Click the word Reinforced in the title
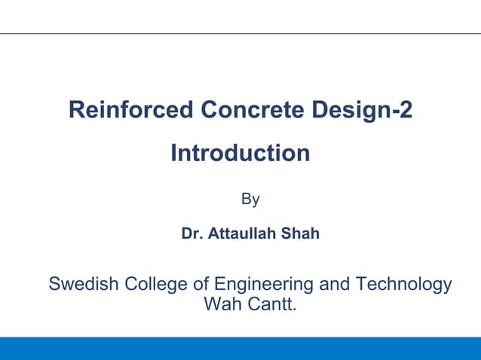pos(130,111)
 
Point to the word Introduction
pos(240,154)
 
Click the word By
pos(250,200)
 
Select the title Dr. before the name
pos(191,234)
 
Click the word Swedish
pos(79,285)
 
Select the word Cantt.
pos(271,306)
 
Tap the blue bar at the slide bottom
pos(240,348)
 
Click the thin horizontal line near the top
pos(240,33)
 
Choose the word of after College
pos(198,285)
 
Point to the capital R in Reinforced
pos(77,111)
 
